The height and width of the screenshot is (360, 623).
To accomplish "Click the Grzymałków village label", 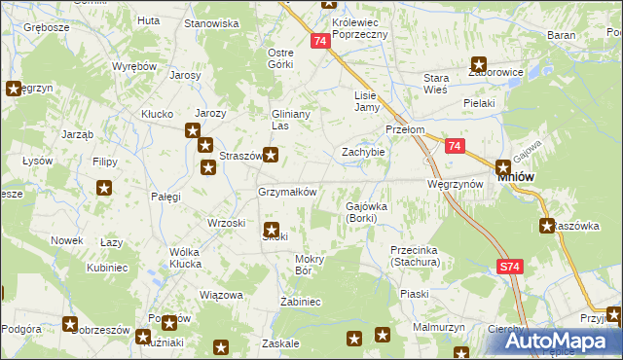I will point(287,192).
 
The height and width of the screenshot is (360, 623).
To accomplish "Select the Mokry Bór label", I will point(309,265).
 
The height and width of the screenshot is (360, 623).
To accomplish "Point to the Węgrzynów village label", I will point(455,184).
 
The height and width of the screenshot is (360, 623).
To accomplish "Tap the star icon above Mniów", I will point(503,166).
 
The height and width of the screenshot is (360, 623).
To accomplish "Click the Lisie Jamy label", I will point(366,101).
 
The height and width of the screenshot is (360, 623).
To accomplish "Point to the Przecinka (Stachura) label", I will point(416,256).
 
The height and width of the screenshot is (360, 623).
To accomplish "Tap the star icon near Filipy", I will point(105,188).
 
